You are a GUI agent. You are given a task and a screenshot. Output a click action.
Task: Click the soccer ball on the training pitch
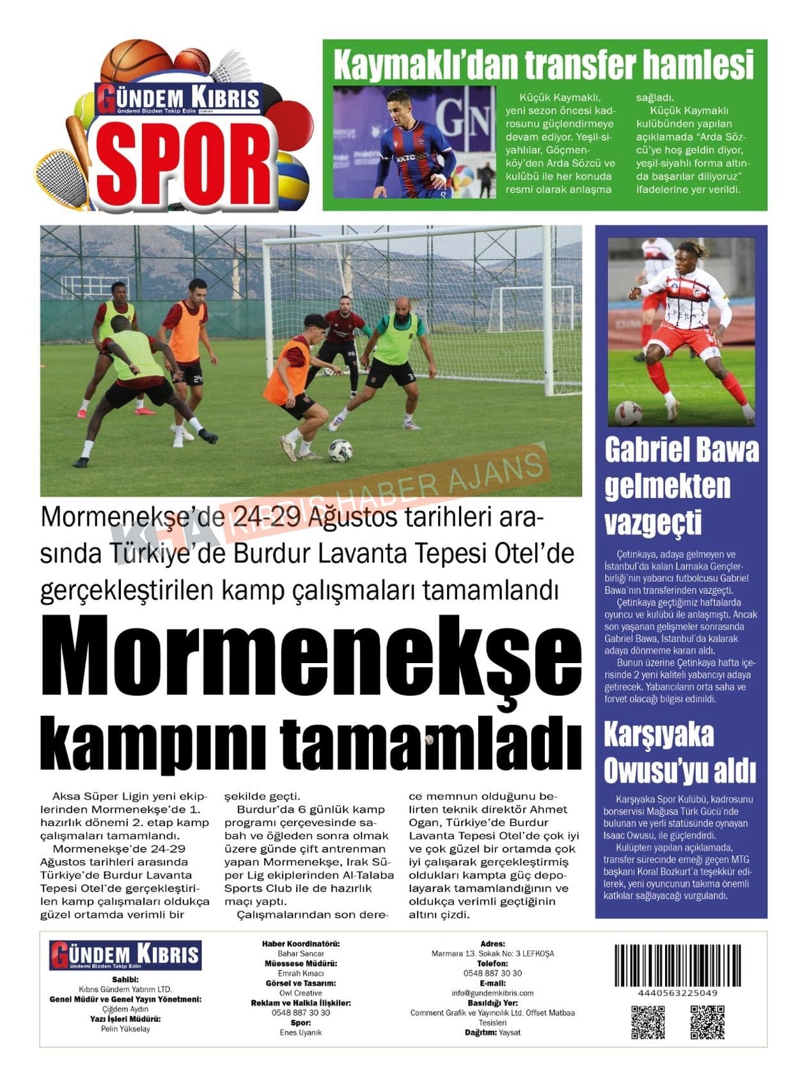click(x=340, y=451)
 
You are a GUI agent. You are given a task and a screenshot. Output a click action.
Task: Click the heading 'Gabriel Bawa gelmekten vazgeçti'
click(x=681, y=486)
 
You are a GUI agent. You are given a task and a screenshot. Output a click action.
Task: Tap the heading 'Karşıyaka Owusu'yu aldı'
click(x=680, y=753)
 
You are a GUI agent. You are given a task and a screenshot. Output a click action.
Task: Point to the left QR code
click(x=648, y=1022)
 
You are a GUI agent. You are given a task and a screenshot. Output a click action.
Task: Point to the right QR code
click(x=707, y=1022)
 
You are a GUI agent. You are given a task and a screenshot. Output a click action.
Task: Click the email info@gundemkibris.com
click(x=492, y=993)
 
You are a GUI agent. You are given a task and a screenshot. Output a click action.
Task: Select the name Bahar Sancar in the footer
click(x=301, y=953)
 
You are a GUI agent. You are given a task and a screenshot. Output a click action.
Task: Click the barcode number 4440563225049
click(x=677, y=993)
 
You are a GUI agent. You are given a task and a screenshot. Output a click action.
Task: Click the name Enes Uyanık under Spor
click(x=301, y=1033)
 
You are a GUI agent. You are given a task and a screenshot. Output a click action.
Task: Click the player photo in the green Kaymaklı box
click(x=414, y=142)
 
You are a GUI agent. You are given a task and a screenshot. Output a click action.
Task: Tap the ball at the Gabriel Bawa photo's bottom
click(x=627, y=412)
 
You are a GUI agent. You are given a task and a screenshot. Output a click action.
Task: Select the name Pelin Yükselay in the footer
click(x=125, y=1029)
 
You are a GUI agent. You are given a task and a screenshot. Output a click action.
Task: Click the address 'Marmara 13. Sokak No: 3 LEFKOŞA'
click(x=492, y=953)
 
